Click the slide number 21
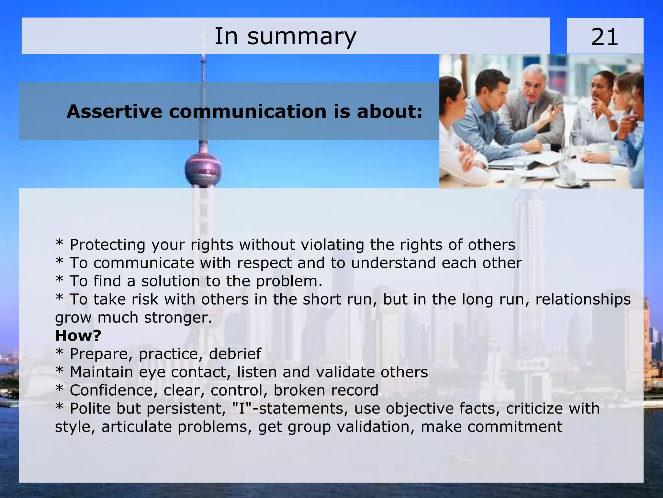click(x=604, y=37)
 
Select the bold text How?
click(x=78, y=335)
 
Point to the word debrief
click(x=235, y=353)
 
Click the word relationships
click(x=583, y=299)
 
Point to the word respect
click(x=264, y=263)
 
